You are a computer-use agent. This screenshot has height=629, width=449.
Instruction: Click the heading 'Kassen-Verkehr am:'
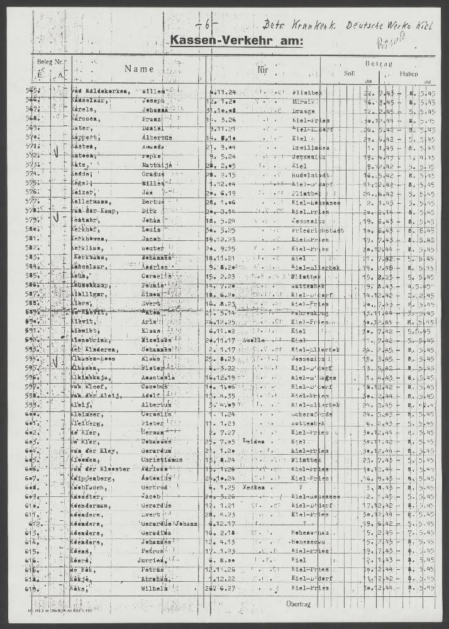[x=236, y=42]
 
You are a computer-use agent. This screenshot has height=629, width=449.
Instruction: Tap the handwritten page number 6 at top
[x=208, y=26]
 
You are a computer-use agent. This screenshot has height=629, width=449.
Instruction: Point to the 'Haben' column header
[x=408, y=73]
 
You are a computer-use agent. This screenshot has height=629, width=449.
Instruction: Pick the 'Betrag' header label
[x=378, y=64]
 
